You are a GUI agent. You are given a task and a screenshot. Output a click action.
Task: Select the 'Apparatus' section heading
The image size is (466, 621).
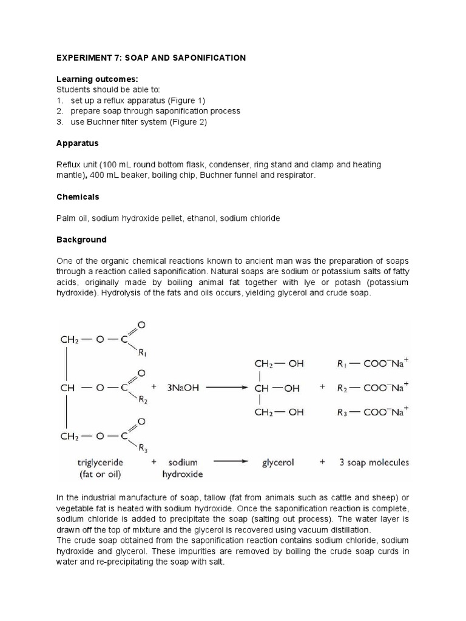(x=77, y=144)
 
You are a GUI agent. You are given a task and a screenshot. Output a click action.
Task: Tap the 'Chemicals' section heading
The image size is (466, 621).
(x=78, y=197)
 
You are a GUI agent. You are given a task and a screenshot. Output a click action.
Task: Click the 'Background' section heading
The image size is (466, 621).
(x=81, y=240)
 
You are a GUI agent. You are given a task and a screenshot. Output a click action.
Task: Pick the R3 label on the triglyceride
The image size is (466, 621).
(x=143, y=448)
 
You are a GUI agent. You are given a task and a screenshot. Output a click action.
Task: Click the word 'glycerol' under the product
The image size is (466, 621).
(x=278, y=462)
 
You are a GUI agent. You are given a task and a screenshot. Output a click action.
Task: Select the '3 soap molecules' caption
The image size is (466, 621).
(x=372, y=462)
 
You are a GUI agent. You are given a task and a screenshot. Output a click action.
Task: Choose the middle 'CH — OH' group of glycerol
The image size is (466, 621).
(x=277, y=389)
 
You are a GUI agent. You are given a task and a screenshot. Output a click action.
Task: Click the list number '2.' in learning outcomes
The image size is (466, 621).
(x=60, y=111)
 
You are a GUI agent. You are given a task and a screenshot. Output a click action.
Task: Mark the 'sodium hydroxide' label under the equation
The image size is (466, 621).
(x=183, y=468)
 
